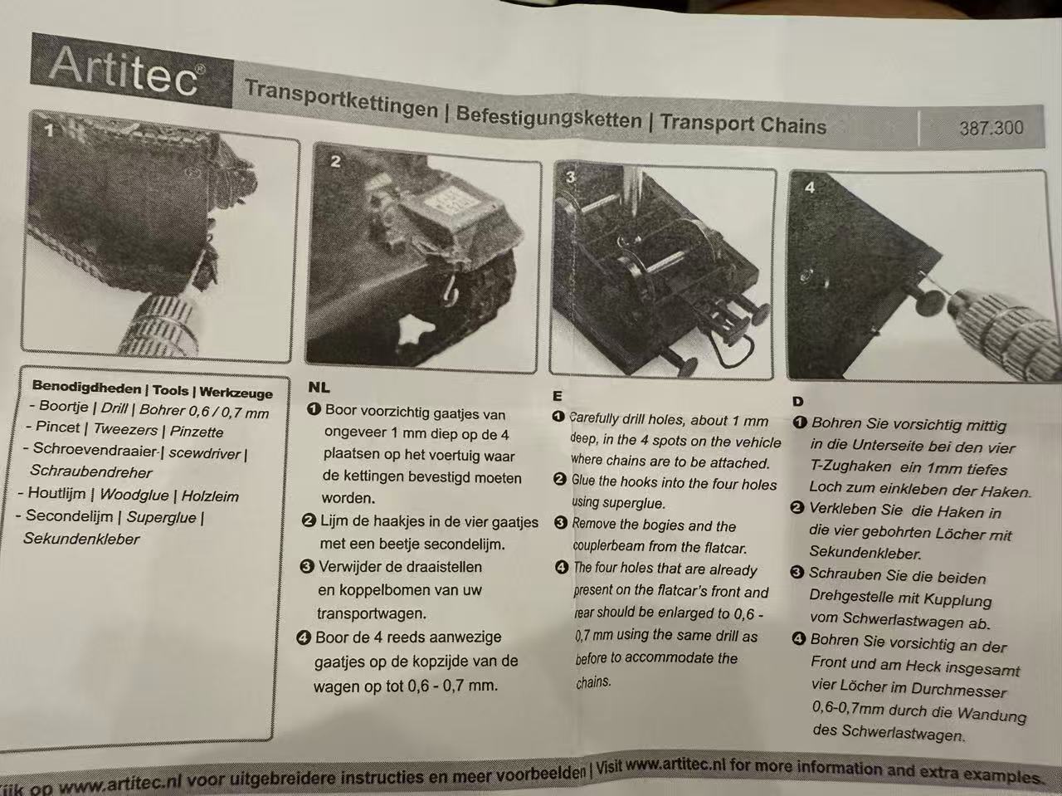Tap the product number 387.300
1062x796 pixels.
point(991,128)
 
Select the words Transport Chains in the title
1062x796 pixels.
point(743,125)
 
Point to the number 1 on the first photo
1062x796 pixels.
point(50,130)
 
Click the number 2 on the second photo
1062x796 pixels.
point(335,161)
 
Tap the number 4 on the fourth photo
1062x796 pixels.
point(810,188)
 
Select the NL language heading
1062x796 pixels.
point(319,387)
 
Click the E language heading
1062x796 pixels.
point(558,396)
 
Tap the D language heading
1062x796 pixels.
point(798,401)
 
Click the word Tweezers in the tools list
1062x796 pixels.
point(125,429)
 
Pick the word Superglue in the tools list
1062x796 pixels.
point(161,517)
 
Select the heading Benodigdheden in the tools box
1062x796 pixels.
point(86,387)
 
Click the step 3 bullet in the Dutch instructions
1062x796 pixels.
point(307,566)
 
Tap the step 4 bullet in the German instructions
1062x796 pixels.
point(799,639)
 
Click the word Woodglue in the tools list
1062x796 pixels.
point(134,495)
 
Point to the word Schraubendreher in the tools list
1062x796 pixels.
point(91,471)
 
